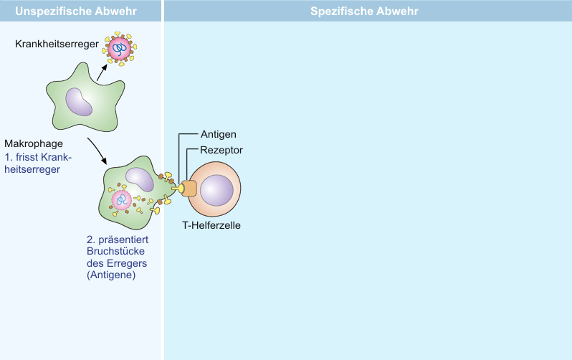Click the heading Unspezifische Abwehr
(x=76, y=11)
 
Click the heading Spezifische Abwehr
(x=364, y=11)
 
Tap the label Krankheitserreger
(x=57, y=44)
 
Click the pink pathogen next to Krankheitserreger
(x=120, y=49)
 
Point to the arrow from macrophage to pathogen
(x=102, y=72)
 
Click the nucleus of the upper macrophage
(x=79, y=102)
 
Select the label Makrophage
(x=34, y=143)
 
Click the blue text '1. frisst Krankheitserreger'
(x=38, y=164)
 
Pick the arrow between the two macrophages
(x=97, y=150)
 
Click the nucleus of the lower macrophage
(x=140, y=179)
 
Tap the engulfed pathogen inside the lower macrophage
(x=121, y=199)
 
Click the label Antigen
(x=218, y=134)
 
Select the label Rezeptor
(x=221, y=150)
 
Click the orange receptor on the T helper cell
(x=189, y=189)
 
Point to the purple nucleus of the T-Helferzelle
(x=216, y=190)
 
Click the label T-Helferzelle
(x=211, y=225)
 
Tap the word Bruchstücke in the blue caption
(x=115, y=251)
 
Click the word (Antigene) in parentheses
(x=111, y=275)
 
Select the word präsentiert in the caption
(x=123, y=240)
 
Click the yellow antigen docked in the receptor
(x=177, y=189)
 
